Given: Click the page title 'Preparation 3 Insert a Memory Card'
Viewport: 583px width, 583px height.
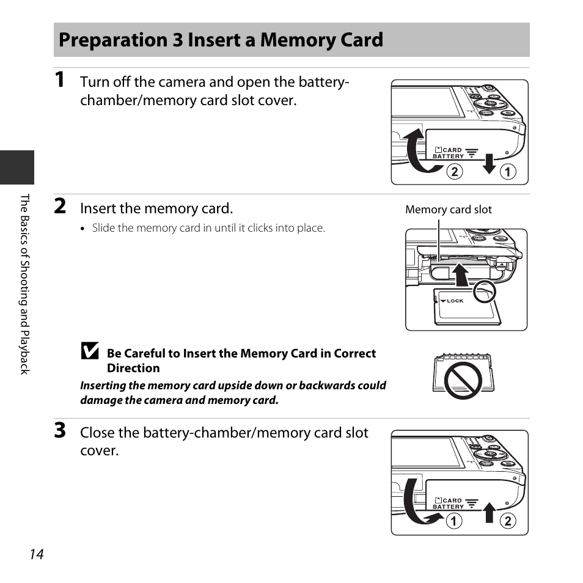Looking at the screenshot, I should point(221,40).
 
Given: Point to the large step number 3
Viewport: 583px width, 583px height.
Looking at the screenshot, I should point(59,431).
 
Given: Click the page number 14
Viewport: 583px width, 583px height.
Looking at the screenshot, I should point(36,554).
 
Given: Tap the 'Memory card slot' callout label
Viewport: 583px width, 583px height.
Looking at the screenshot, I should point(449,210).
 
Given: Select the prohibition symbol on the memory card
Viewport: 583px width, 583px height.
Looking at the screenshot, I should point(463,380).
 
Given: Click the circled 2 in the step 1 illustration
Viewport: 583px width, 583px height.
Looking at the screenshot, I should point(453,172).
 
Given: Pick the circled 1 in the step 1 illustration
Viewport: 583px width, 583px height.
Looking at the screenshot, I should point(508,172).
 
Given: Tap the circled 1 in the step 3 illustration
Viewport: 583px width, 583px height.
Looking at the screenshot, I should point(453,522).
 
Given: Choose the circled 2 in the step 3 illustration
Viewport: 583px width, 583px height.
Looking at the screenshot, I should point(508,522).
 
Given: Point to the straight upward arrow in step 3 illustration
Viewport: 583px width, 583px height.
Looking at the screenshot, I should point(488,512).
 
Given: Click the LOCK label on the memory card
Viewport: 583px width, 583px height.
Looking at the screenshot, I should point(455,301).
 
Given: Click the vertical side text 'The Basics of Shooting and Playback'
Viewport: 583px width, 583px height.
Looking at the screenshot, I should point(25,284).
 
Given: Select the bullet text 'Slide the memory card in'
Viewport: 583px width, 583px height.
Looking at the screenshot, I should point(208,228).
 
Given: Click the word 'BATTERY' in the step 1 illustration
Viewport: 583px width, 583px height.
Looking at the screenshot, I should point(448,156).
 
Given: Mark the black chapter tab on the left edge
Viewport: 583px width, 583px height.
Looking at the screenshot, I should point(16,167).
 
